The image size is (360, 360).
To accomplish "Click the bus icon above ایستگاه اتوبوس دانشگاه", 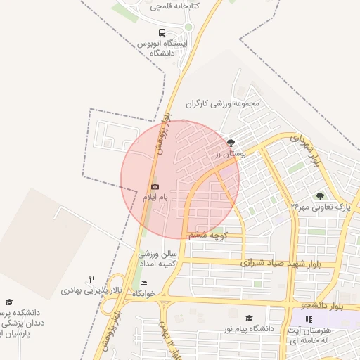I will pyautogui.click(x=162, y=32).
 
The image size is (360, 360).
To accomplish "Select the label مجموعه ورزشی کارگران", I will pyautogui.click(x=223, y=104).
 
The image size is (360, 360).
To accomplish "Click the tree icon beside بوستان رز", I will pyautogui.click(x=232, y=143).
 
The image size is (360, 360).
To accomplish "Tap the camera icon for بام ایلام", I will pyautogui.click(x=155, y=187).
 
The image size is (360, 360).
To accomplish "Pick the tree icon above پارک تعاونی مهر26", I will pyautogui.click(x=321, y=196).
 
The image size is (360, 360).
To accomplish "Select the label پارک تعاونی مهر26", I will pyautogui.click(x=321, y=207).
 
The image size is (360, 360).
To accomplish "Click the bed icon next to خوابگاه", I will pyautogui.click(x=144, y=283).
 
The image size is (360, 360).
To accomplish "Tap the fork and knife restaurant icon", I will pyautogui.click(x=91, y=280).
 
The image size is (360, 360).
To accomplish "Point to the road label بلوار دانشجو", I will pyautogui.click(x=321, y=307).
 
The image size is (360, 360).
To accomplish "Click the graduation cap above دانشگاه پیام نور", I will pyautogui.click(x=248, y=319).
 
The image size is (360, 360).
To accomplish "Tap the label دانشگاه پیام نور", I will pyautogui.click(x=248, y=328).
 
